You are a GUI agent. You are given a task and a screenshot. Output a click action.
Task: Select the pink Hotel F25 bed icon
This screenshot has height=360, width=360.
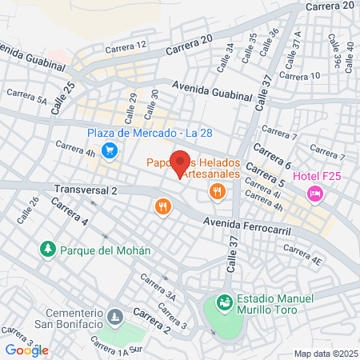[315, 194]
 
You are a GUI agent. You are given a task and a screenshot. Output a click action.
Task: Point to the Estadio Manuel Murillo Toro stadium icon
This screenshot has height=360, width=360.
[223, 303]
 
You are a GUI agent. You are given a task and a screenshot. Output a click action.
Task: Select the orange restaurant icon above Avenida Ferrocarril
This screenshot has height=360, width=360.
[163, 207]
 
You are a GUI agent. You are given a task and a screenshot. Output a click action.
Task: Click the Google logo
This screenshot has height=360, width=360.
[26, 350]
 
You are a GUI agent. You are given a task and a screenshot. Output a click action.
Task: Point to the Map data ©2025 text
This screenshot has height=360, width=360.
[324, 353]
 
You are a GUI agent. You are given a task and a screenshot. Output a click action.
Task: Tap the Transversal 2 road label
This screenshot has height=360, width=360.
[86, 190]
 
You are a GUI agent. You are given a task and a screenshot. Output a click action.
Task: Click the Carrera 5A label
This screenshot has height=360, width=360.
[27, 98]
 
